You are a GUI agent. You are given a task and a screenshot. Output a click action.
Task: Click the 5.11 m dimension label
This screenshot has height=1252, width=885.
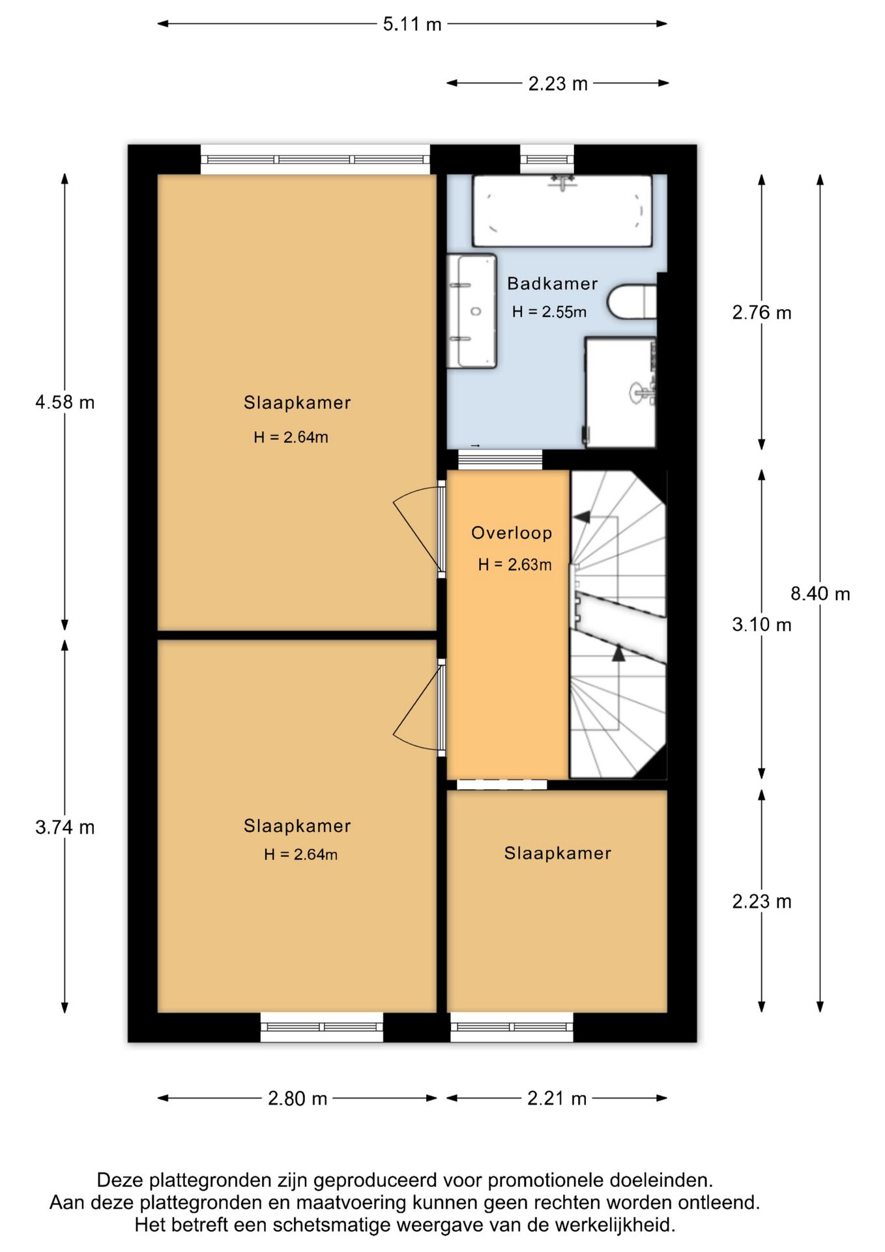[x=412, y=24]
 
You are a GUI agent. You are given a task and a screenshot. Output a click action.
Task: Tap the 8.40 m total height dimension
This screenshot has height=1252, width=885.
[x=820, y=593]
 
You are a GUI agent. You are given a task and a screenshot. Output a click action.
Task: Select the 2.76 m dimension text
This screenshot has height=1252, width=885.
[x=762, y=312]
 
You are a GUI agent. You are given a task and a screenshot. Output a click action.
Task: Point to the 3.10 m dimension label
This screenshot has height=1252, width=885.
[x=762, y=624]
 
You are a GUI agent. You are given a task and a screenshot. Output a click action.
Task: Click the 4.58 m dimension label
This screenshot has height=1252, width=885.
[x=65, y=402]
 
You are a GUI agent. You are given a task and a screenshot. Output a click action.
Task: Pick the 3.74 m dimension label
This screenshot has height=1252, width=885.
[x=65, y=827]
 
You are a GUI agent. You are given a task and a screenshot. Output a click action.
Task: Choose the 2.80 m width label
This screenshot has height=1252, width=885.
[x=297, y=1098]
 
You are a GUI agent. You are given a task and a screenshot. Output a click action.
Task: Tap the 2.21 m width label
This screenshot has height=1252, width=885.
[x=557, y=1098]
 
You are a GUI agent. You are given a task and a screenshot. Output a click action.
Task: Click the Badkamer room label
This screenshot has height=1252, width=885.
[x=553, y=284]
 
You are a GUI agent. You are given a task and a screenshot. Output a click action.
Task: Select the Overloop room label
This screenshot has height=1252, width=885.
[x=512, y=533]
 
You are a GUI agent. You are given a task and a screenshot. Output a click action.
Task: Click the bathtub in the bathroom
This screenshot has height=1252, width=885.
[x=562, y=211]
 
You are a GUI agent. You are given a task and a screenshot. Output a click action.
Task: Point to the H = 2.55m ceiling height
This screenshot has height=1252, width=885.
[x=549, y=312]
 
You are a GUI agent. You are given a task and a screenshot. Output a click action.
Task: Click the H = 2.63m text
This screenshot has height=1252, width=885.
[x=515, y=565]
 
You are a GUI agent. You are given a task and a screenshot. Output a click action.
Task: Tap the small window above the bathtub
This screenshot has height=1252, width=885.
[x=547, y=159]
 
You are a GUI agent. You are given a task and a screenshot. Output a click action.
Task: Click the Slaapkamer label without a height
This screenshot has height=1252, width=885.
[x=558, y=853]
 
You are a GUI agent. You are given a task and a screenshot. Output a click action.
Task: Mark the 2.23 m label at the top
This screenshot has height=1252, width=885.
[x=558, y=83]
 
